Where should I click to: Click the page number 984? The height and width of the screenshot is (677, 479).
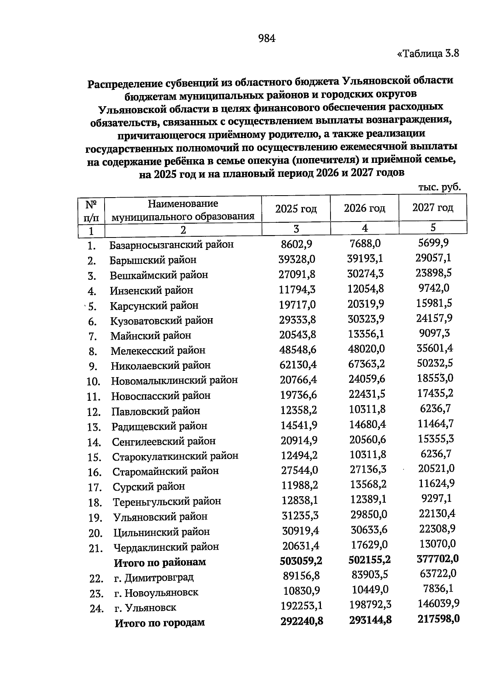(267, 38)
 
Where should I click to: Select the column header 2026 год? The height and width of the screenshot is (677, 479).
(364, 208)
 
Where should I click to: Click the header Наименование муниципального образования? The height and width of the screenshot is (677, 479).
(183, 210)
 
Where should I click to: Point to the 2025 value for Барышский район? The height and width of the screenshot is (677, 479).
(297, 259)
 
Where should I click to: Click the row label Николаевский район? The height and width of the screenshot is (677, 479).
(160, 365)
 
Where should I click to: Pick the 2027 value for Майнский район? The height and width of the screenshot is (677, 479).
(433, 333)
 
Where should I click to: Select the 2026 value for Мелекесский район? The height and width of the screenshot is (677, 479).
(366, 349)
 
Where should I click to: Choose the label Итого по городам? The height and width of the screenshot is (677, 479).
(160, 622)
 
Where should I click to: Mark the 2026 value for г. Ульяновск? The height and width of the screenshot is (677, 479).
(370, 605)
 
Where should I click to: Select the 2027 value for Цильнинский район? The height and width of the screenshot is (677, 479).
(437, 529)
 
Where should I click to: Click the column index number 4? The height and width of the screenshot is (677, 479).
(364, 228)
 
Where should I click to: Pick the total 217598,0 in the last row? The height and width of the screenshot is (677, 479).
(438, 619)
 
